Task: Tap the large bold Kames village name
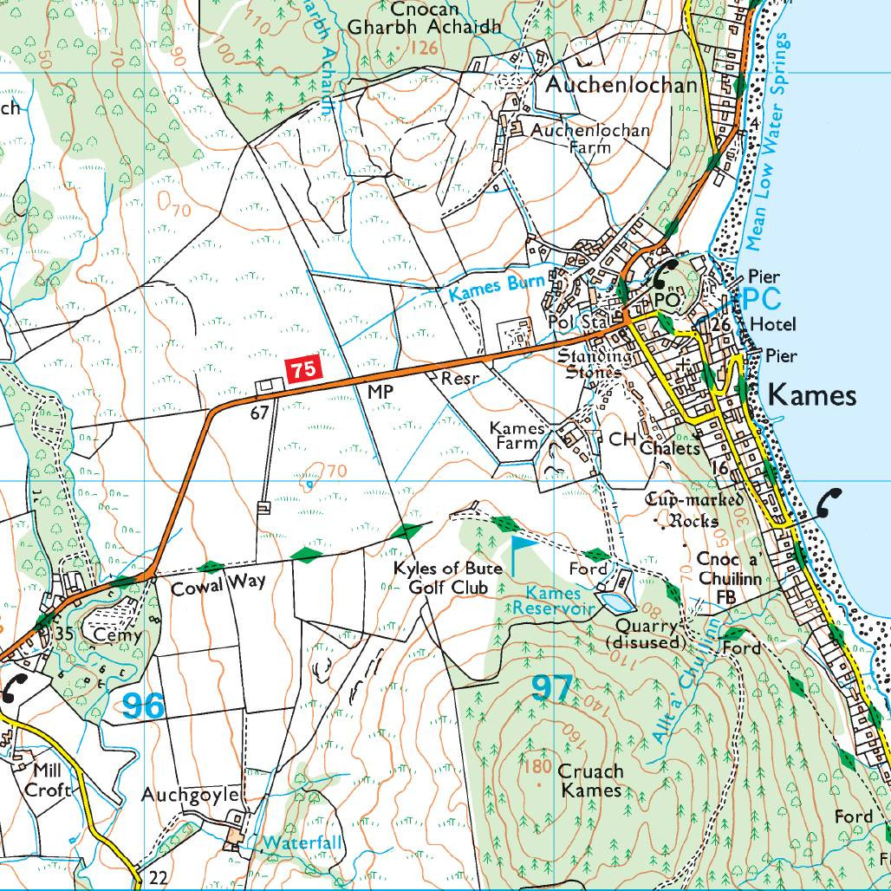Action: coord(812,396)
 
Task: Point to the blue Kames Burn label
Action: coord(497,288)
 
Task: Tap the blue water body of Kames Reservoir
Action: coord(613,601)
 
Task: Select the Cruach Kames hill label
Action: coord(591,780)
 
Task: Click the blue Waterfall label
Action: coord(303,842)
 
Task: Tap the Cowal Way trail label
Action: coord(218,588)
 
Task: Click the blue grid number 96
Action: coord(143,706)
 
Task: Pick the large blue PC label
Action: coord(762,298)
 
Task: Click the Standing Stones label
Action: coord(595,364)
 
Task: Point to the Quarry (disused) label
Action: coord(647,634)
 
